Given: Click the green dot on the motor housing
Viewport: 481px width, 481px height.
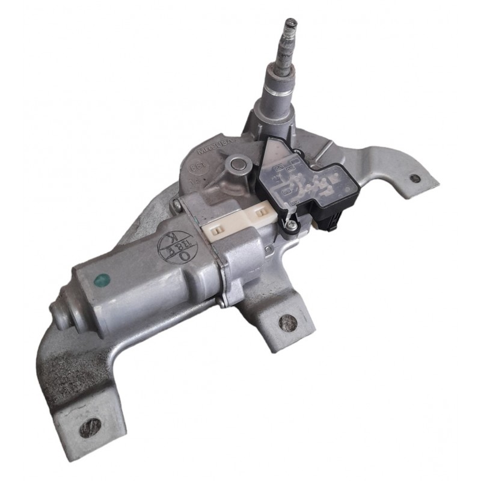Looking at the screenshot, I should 103,279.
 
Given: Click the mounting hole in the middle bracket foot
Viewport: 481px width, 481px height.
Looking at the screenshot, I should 288,322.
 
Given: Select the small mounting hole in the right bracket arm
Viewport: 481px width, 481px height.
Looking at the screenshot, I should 414,179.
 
